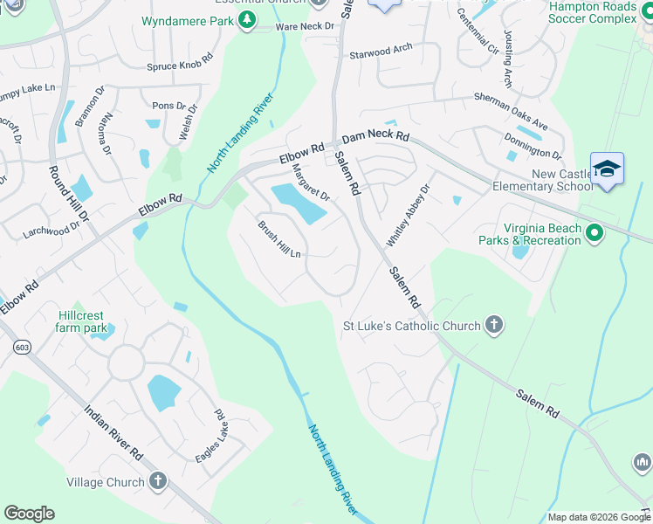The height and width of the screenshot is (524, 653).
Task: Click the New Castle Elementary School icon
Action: click(x=607, y=169)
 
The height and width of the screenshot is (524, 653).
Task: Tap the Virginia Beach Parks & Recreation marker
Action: click(x=595, y=232)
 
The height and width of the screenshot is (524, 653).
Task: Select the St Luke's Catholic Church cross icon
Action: click(x=493, y=326)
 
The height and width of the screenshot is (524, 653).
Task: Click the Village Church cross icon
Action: click(x=158, y=481)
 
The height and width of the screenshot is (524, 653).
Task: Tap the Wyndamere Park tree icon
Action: click(x=249, y=18)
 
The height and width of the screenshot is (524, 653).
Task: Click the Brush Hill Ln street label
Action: click(x=278, y=239)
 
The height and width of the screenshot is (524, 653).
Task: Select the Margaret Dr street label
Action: click(x=310, y=183)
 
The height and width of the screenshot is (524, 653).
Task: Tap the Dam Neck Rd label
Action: click(x=375, y=137)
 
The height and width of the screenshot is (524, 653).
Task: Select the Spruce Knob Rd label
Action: click(x=180, y=63)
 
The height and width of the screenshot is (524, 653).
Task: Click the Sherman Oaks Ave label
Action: click(x=511, y=113)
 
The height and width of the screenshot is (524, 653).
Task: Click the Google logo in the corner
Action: click(x=29, y=514)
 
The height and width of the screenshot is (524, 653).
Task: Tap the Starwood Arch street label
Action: click(x=381, y=52)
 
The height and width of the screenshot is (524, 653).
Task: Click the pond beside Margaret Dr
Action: click(x=299, y=203)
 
